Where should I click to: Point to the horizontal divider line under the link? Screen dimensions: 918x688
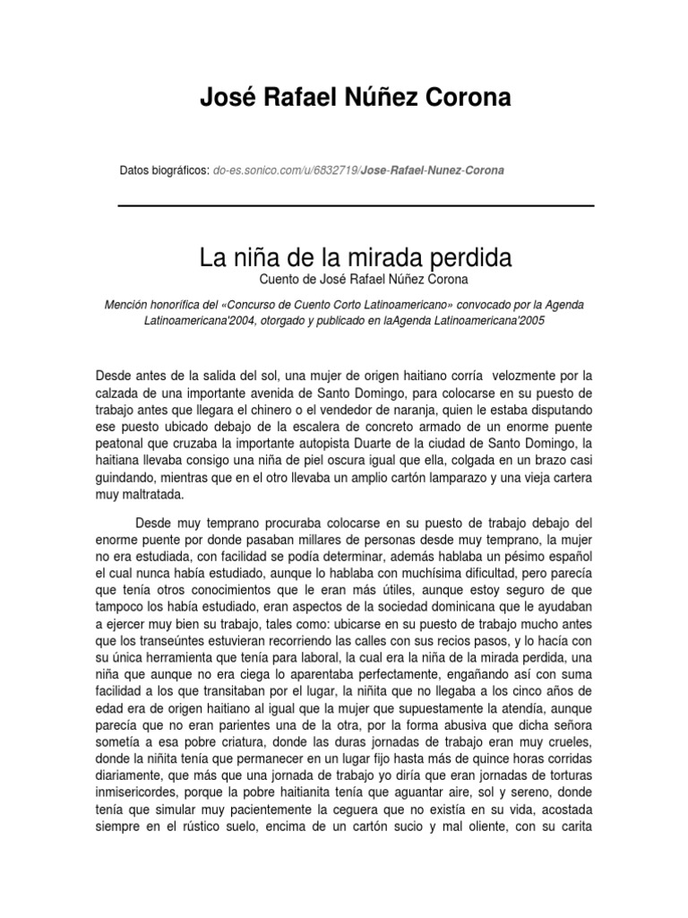pyautogui.click(x=356, y=206)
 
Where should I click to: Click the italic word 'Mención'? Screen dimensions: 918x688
pyautogui.click(x=127, y=305)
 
